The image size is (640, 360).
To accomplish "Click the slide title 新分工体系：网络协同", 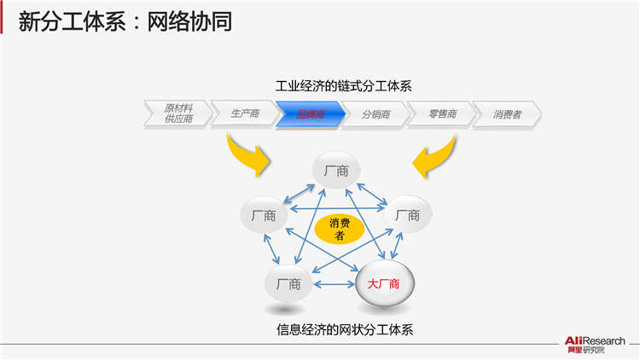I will point(125,21).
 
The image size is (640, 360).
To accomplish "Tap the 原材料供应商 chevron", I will point(177,113).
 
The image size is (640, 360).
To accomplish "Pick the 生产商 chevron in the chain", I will point(244,113).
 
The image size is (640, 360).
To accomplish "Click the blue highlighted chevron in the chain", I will point(310,113).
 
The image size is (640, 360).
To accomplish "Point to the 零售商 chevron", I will point(440,113).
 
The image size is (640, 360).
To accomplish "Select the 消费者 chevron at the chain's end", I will point(507,113).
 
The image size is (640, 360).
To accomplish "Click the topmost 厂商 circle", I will point(335,171).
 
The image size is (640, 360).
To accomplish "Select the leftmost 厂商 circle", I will point(264,216).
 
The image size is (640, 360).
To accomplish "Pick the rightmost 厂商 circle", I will point(407,216).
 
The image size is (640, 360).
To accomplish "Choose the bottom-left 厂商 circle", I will point(288,284).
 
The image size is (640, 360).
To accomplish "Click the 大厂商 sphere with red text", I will point(383,284).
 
